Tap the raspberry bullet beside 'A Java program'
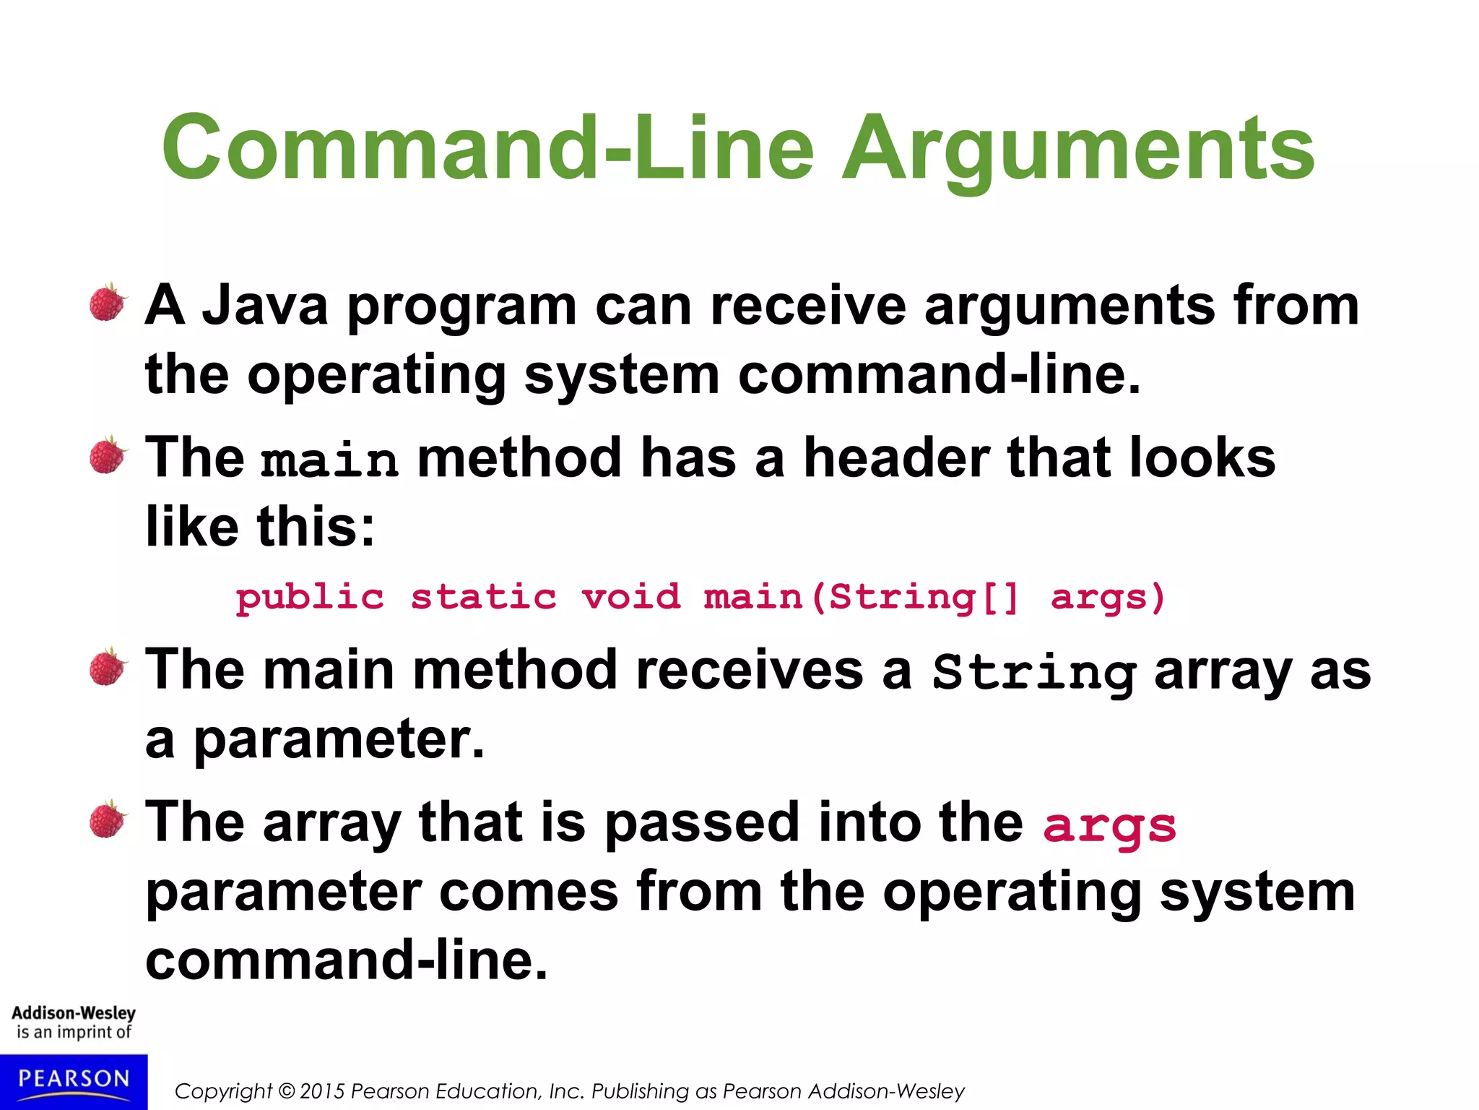tap(108, 303)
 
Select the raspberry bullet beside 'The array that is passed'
tap(108, 819)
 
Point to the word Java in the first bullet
tap(265, 306)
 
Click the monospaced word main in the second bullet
tap(329, 460)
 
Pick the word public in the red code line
tap(310, 598)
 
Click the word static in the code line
tap(484, 598)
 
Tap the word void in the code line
tap(631, 598)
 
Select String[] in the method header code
tap(924, 598)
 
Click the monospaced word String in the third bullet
tap(1034, 673)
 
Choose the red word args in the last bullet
tap(1109, 825)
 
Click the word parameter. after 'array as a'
tap(339, 740)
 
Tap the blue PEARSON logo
tap(74, 1081)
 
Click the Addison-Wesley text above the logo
tap(74, 1013)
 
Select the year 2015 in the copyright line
tap(322, 1091)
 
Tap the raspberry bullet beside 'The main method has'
tap(108, 456)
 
